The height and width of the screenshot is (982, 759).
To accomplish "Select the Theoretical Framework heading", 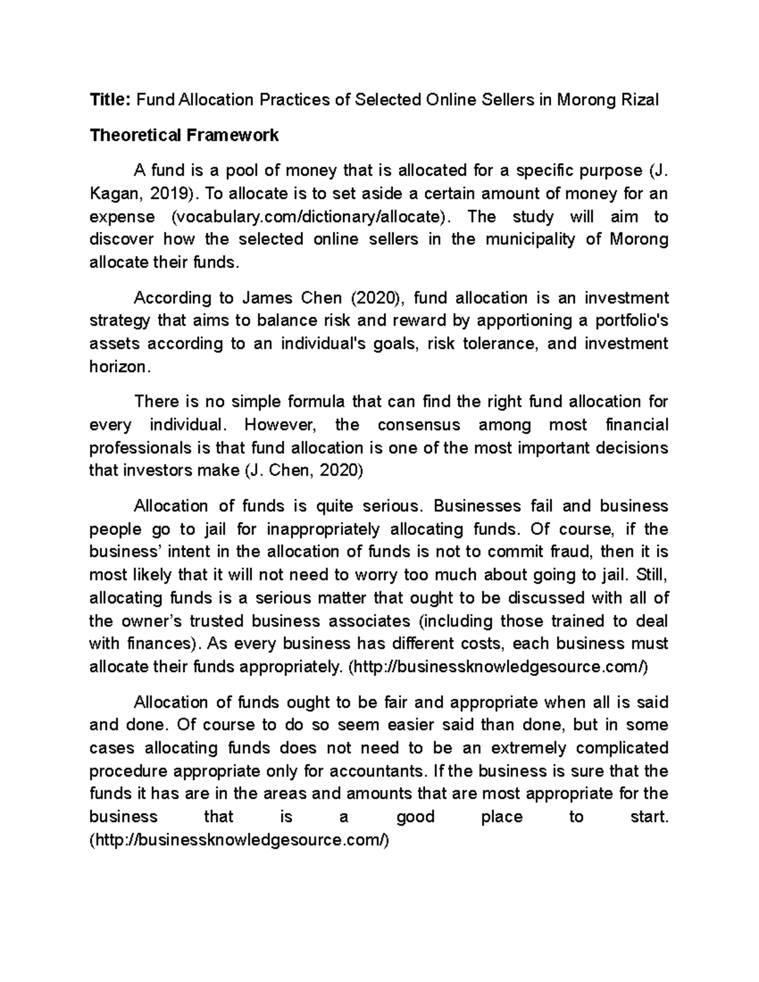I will click(184, 135).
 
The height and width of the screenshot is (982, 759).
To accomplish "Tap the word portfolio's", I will click(632, 321).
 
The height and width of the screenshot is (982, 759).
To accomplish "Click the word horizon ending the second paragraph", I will click(118, 367).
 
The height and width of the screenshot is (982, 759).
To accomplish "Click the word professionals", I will click(140, 448).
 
